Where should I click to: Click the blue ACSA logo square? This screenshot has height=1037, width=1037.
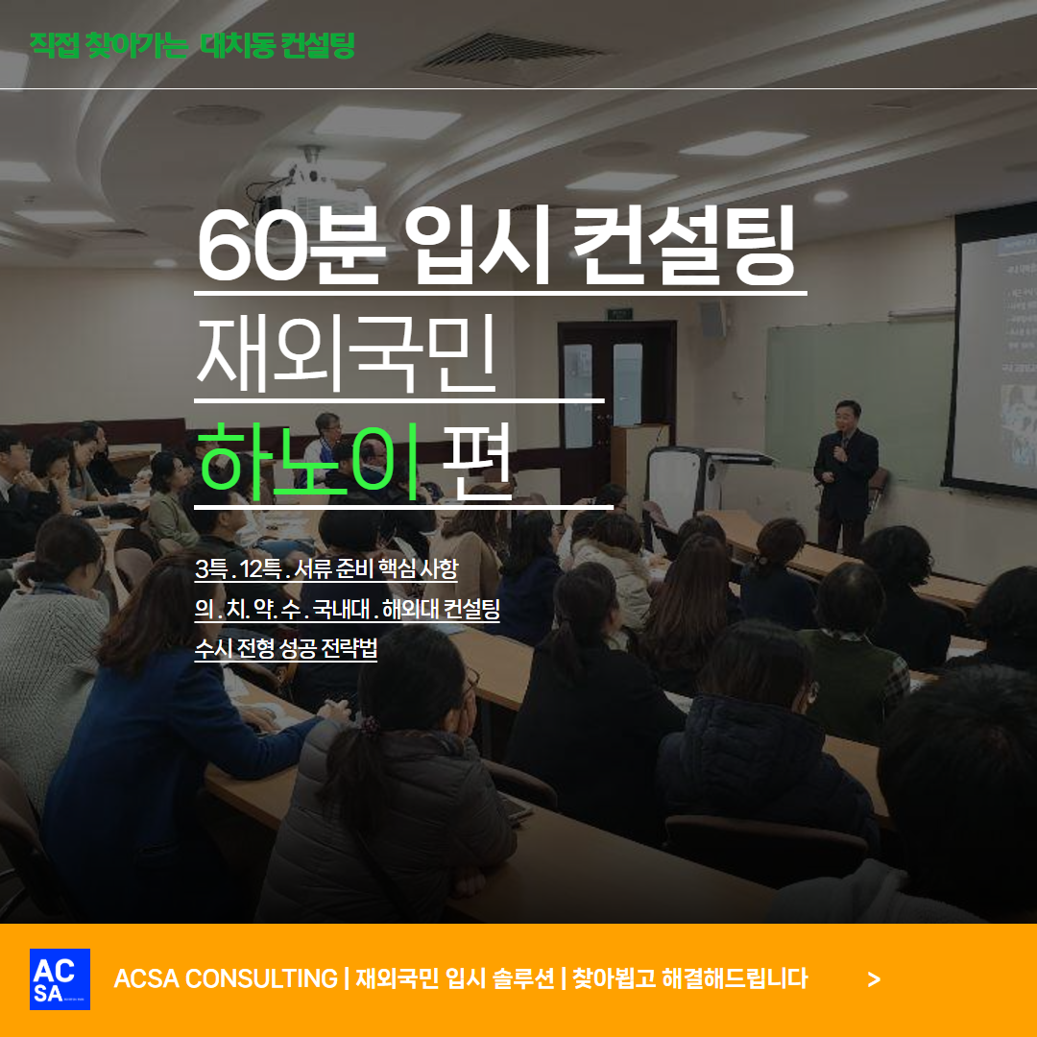tap(60, 978)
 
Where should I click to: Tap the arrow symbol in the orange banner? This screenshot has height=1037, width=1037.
tap(874, 979)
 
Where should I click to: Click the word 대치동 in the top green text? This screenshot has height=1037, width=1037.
tap(237, 45)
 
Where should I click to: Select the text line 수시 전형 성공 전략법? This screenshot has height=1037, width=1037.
tap(286, 647)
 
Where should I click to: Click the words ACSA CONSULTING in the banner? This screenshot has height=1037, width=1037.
tap(226, 978)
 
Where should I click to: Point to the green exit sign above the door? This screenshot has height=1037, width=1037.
tap(619, 313)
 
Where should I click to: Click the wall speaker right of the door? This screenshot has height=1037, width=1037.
tap(711, 320)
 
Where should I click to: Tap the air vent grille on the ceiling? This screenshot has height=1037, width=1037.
tap(510, 57)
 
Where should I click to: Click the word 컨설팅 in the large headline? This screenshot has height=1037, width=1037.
tap(684, 245)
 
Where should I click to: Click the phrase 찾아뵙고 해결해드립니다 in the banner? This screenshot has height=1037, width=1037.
tap(689, 978)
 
